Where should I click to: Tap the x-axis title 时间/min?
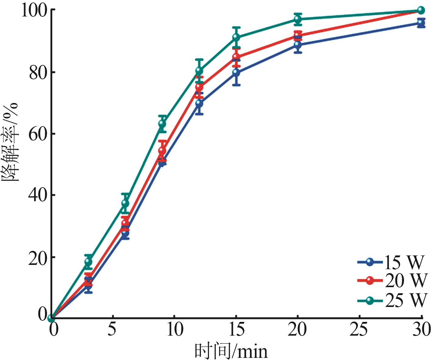(231, 351)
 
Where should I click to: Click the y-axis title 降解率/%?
(10, 142)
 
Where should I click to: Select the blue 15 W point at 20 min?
(298, 45)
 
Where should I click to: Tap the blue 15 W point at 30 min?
(421, 23)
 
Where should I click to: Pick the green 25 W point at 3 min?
(88, 261)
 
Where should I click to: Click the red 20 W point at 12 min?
(199, 87)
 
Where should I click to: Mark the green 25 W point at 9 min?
(162, 124)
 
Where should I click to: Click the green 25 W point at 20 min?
(298, 19)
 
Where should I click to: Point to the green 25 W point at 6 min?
(125, 203)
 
